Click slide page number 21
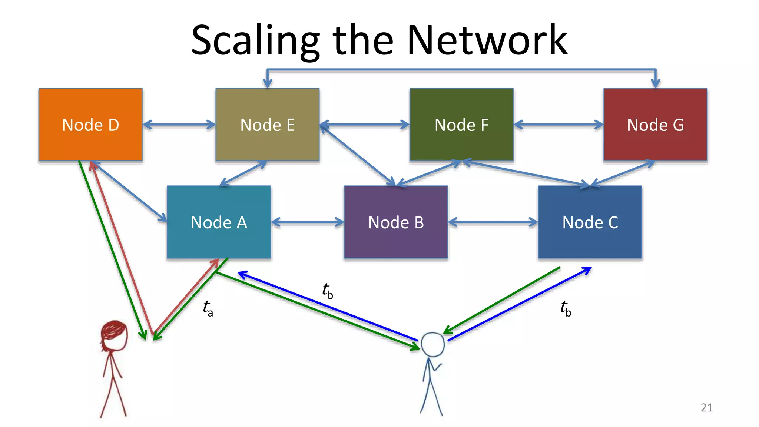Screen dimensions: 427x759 coord(706,408)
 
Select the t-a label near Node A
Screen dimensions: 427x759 coord(208,308)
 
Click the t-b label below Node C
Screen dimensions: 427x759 coord(566,308)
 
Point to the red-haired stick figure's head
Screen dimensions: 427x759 coord(114,335)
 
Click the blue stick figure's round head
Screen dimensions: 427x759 coord(432,344)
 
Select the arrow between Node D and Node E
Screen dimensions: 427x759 coord(179,125)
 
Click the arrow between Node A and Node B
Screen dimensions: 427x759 coord(307,222)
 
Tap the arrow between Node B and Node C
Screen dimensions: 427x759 coord(493,222)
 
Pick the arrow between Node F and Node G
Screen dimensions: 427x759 coord(558,125)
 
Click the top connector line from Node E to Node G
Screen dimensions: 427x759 coord(461,69)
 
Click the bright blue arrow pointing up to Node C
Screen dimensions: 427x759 coord(519,304)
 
